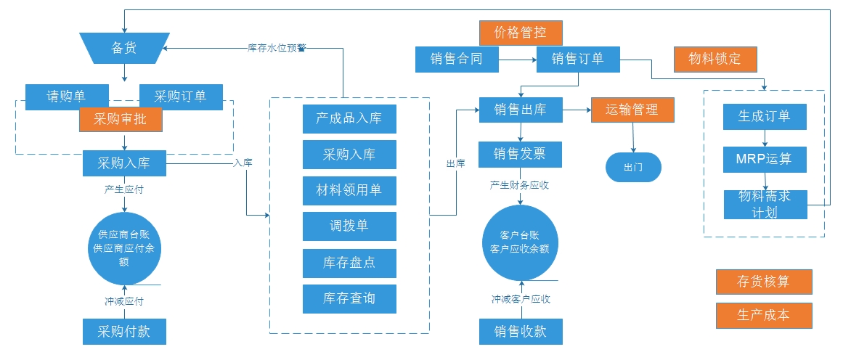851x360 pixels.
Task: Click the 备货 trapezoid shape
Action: click(123, 48)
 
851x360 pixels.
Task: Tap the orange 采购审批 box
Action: click(121, 119)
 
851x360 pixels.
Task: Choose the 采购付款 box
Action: click(124, 332)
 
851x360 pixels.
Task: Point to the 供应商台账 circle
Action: click(124, 247)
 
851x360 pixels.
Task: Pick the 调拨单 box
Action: click(349, 226)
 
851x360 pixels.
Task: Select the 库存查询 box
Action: click(349, 298)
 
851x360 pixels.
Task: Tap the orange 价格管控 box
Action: click(521, 33)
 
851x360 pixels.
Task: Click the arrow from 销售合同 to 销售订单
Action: click(518, 60)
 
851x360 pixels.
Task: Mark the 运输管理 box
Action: click(632, 110)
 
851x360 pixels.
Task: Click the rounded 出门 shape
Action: click(633, 168)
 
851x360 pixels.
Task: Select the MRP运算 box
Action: click(765, 160)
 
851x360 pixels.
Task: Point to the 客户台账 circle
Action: click(520, 242)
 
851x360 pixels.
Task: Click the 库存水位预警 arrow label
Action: click(277, 48)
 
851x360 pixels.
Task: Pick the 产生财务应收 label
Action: click(520, 185)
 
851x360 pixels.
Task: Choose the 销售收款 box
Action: click(520, 332)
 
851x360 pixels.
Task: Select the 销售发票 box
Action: click(520, 154)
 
